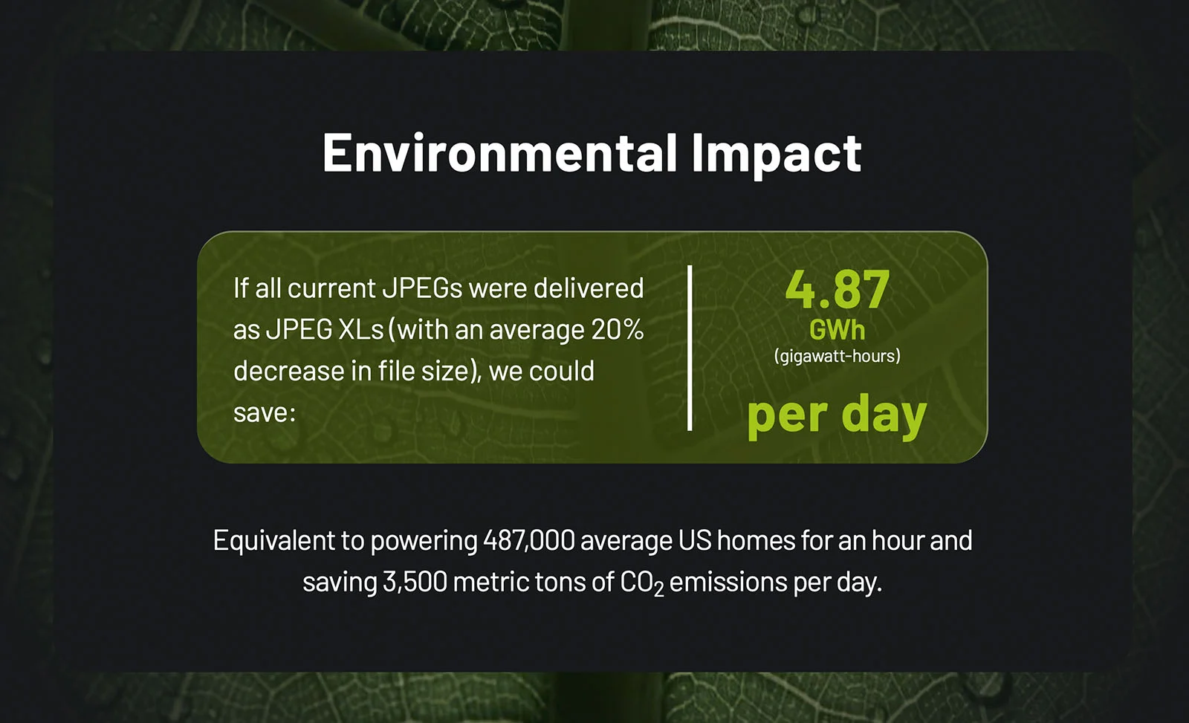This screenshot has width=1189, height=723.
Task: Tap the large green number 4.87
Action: [x=838, y=289]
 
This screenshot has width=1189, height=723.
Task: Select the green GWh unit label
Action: [x=837, y=330]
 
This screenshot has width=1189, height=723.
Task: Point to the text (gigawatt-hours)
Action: [x=837, y=356]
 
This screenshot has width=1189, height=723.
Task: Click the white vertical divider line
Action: [x=690, y=348]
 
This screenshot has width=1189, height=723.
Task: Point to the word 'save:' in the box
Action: [x=265, y=413]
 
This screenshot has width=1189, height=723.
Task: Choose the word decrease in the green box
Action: [x=288, y=371]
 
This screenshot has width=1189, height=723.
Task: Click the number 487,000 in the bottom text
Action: [x=528, y=540]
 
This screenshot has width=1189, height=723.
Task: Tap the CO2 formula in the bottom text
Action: [x=642, y=583]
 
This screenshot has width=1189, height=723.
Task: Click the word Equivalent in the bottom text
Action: [x=273, y=540]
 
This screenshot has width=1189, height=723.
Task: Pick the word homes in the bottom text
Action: [x=757, y=540]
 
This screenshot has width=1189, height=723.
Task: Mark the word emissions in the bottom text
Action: [x=728, y=582]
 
